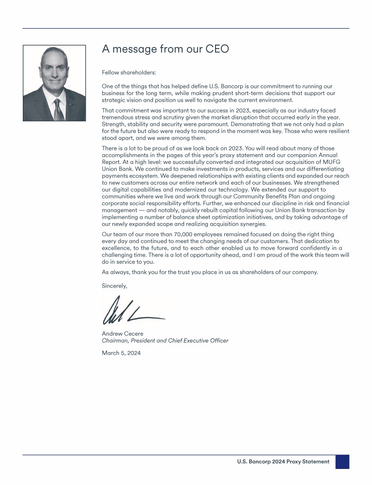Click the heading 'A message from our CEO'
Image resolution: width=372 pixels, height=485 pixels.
pos(165,49)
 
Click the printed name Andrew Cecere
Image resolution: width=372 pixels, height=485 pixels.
pos(123,333)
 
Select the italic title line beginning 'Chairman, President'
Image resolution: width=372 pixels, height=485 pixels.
pos(165,340)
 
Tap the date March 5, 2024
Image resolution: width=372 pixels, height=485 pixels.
pos(121,353)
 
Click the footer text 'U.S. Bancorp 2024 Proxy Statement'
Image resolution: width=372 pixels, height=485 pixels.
pos(283,462)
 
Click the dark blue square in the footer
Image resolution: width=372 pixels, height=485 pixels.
pos(342,462)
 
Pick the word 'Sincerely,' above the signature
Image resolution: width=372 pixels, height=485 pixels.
pos(114,286)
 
